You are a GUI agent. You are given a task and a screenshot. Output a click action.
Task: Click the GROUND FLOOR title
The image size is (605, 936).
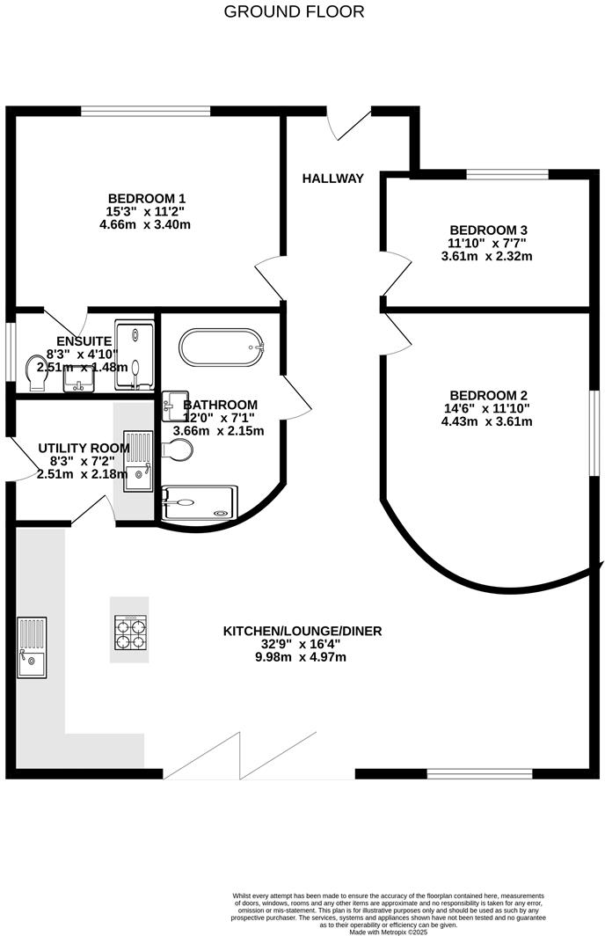coord(294,11)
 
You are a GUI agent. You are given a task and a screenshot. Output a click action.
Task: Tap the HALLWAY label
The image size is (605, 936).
coord(332,179)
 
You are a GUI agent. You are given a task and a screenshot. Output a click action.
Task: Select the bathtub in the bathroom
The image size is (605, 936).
coord(221,347)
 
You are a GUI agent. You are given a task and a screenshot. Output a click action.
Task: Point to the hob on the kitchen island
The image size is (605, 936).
coord(129,630)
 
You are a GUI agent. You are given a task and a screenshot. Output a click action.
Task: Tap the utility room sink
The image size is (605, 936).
coord(139,460)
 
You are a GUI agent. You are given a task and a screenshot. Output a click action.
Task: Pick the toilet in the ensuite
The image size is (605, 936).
coord(38,373)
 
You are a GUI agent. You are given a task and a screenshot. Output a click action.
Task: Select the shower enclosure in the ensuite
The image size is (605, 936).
coord(135,356)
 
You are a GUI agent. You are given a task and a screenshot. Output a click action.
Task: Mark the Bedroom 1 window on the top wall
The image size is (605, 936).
coord(146,111)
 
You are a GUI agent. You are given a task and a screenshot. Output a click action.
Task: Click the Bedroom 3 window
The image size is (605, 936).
coord(507,174)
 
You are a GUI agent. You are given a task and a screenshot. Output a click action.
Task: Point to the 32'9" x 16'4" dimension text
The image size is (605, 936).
coord(302,644)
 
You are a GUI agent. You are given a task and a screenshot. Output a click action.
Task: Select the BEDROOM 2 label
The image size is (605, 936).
coord(488,395)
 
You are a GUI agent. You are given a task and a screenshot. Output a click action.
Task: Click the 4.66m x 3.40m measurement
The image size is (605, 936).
coord(145,224)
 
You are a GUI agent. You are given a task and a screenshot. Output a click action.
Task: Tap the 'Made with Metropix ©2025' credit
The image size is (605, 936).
coord(388,932)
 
